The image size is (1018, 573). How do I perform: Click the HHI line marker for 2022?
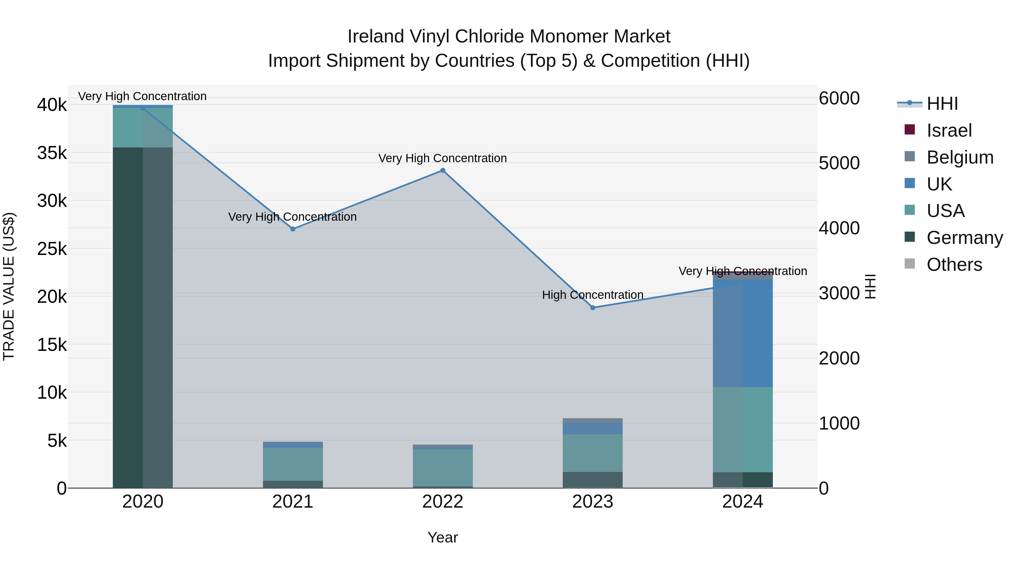point(443,170)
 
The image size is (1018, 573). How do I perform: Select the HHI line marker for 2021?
point(293,229)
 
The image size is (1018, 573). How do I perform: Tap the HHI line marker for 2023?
point(592,308)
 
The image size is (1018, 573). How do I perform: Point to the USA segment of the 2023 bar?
point(592,453)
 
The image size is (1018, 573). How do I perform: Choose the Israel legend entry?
point(949,130)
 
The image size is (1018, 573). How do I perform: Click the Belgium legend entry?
point(959,157)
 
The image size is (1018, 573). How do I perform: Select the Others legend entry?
point(954,265)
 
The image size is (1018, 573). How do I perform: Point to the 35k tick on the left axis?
point(52,153)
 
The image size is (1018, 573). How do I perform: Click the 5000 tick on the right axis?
point(839,163)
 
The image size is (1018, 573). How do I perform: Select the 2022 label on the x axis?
point(443,502)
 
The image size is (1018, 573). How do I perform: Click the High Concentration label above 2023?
point(592,295)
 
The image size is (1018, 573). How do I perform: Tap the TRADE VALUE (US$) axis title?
point(9,286)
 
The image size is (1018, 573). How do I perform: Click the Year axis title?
point(443,537)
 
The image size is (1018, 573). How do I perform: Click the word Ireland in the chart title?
point(376,37)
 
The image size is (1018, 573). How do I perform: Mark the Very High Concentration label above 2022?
point(443,158)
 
